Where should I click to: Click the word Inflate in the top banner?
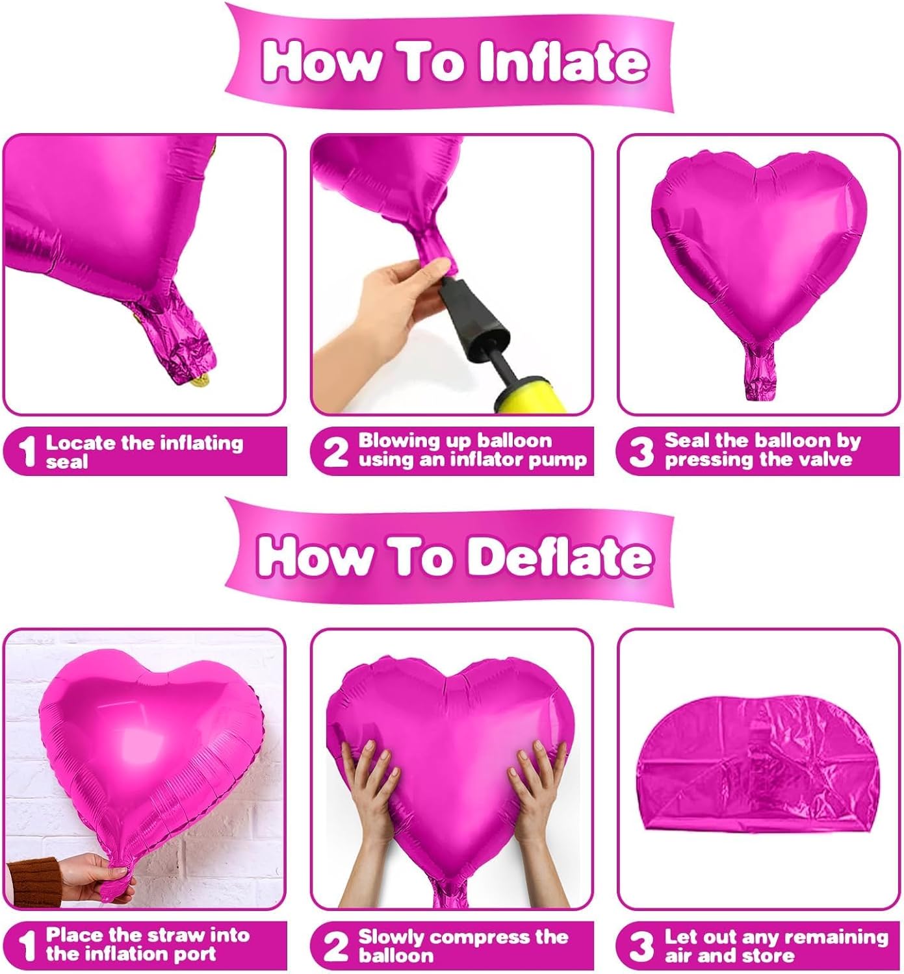click(563, 62)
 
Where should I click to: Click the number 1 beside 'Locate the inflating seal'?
click(27, 452)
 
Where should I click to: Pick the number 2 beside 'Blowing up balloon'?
click(335, 452)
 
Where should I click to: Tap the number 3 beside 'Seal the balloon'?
click(641, 452)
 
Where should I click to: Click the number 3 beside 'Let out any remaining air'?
click(641, 947)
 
